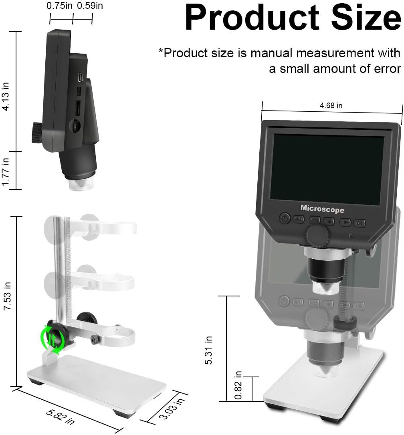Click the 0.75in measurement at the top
click(x=59, y=6)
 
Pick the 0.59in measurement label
click(x=89, y=6)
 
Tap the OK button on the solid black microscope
click(x=359, y=223)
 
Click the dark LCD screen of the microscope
click(x=327, y=167)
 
